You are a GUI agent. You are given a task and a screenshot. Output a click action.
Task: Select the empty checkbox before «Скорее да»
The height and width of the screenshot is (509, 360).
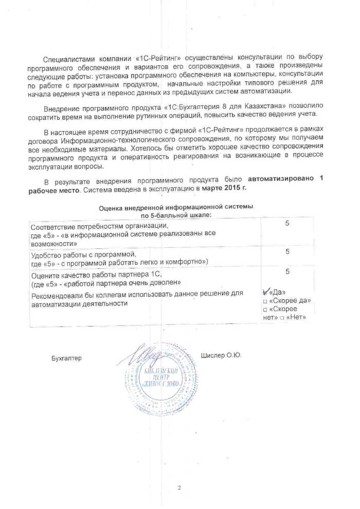[x=265, y=301]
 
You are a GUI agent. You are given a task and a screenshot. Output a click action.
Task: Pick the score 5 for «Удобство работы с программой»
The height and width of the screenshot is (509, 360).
[x=287, y=251]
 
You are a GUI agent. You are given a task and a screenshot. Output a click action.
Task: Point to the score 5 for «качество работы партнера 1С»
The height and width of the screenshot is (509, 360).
[x=287, y=271]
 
